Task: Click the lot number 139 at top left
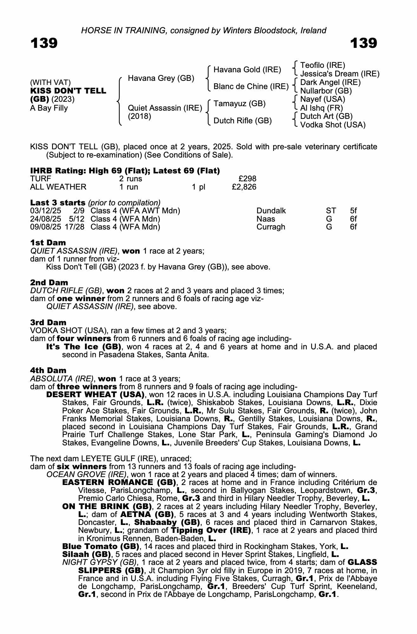44,43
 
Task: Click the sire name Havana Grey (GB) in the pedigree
161,78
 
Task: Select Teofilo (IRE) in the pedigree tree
323,65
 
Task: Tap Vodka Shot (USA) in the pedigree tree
333,125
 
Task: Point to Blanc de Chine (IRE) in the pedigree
251,87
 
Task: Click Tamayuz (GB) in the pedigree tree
239,104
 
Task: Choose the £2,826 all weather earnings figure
244,187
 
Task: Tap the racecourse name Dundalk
271,211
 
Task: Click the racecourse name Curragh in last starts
271,227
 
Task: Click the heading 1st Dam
48,243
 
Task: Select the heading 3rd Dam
48,323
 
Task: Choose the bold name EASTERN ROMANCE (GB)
119,482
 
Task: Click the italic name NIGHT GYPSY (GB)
100,562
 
